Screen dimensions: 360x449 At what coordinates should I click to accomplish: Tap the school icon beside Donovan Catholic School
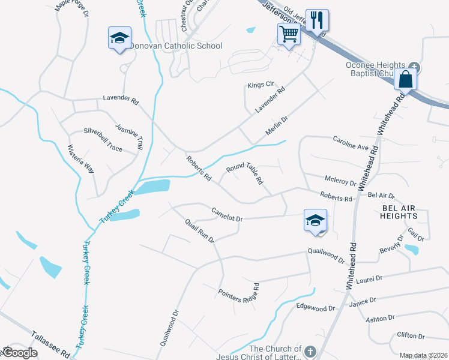[x=119, y=38]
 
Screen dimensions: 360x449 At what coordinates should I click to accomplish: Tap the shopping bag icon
[x=406, y=79]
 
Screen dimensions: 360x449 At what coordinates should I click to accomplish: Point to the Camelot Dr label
[x=227, y=214]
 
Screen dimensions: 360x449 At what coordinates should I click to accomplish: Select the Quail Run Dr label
[x=200, y=230]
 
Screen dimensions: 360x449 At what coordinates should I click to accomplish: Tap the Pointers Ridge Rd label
[x=238, y=293]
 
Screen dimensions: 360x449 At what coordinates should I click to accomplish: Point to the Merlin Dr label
[x=277, y=125]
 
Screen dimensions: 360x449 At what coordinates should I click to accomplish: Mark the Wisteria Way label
[x=81, y=159]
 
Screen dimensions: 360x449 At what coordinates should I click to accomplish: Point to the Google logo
[x=20, y=353]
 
